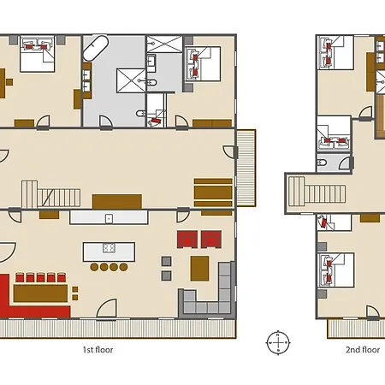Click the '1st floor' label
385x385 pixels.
tap(98, 350)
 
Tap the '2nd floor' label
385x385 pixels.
tap(363, 350)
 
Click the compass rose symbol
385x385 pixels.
tap(278, 342)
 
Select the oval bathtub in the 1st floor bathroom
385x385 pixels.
tap(96, 48)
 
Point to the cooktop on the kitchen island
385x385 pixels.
tap(109, 248)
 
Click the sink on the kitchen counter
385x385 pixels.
tap(109, 219)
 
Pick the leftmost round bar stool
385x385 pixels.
tap(94, 267)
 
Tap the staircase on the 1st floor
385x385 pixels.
tap(51, 194)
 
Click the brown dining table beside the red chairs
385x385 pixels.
tap(40, 293)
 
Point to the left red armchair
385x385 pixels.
tap(187, 240)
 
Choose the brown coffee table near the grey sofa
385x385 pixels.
tap(199, 269)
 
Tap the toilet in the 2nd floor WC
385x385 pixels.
tap(321, 163)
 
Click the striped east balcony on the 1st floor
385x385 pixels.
tap(246, 168)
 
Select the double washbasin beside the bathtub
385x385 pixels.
tap(86, 81)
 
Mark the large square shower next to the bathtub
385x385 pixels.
tap(131, 80)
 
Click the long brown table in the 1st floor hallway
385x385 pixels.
tap(117, 202)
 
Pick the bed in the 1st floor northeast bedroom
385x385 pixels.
tap(203, 64)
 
